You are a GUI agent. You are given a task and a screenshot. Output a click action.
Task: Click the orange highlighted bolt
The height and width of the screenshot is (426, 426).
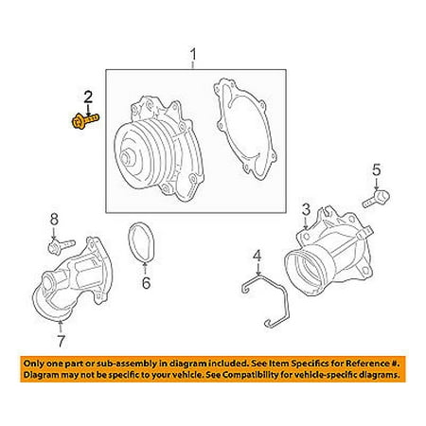tap(84, 121)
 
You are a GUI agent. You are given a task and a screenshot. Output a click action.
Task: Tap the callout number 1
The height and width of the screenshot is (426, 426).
tap(193, 54)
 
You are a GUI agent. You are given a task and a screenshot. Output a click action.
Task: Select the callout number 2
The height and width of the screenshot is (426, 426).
tap(88, 97)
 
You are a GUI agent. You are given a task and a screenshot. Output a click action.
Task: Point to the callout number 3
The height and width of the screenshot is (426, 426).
tap(306, 210)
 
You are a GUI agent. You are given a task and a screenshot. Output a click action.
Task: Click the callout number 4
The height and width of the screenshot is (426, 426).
tap(257, 256)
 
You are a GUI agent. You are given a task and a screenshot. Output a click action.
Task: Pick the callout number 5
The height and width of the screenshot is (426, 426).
tap(377, 169)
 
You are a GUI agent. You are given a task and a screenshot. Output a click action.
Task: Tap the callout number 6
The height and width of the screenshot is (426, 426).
tap(146, 283)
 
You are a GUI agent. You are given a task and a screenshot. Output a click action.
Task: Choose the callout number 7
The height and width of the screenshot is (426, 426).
tap(61, 341)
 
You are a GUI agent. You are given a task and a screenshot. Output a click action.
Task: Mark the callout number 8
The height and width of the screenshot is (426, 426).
tap(54, 220)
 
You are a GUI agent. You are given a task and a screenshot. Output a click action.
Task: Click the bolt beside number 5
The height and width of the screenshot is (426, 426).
tap(377, 199)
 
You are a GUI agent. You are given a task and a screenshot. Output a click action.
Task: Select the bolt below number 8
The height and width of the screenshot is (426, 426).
tap(62, 246)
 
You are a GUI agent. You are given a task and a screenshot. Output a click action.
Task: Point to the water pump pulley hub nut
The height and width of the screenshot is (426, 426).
tap(128, 158)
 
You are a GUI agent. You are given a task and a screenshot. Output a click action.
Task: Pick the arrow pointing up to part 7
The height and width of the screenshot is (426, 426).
tap(61, 327)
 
